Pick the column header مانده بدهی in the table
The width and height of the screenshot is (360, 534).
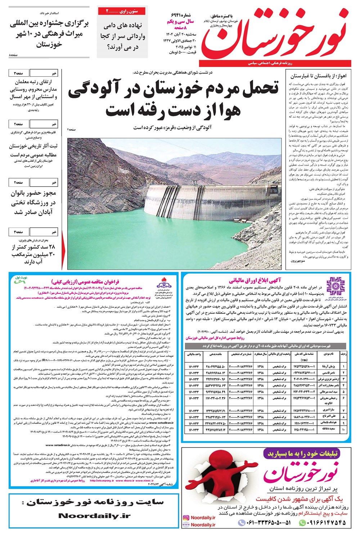coord(216,354)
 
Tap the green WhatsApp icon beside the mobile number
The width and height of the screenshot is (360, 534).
coord(303,522)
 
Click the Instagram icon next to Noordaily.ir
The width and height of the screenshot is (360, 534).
coord(186,518)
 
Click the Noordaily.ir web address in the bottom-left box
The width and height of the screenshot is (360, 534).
coord(94,516)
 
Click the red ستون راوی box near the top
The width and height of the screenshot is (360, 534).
coord(122,12)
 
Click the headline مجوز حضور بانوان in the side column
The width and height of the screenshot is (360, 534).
coord(33,193)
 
